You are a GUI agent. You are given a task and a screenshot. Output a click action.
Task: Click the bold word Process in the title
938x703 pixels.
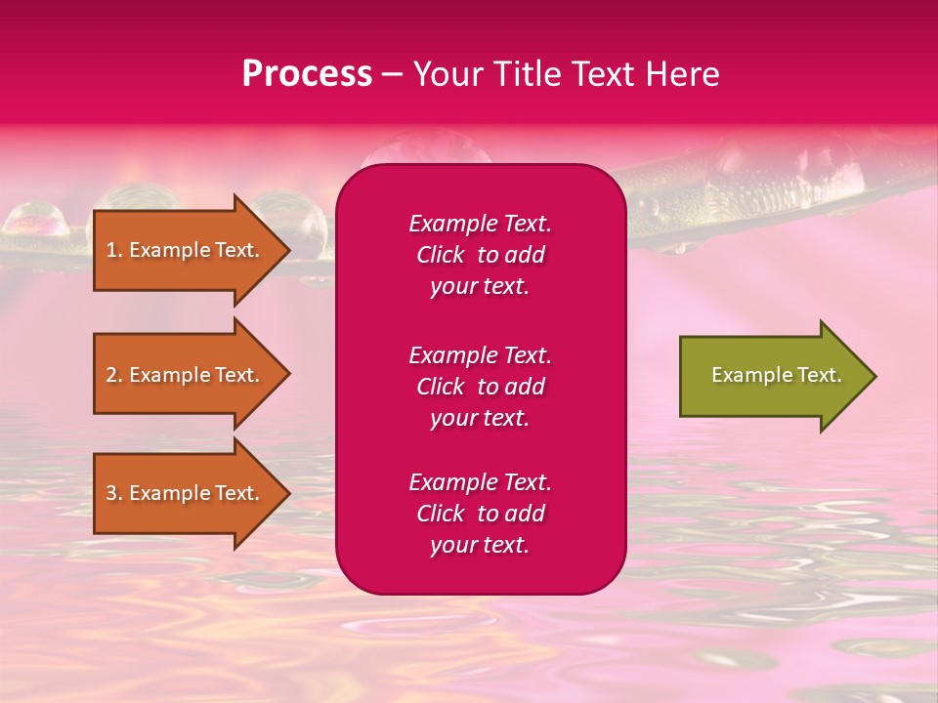[x=307, y=74]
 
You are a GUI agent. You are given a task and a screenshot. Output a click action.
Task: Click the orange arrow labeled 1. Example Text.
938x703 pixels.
[x=186, y=250]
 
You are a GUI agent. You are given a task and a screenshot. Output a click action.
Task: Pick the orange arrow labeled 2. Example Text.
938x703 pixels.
[x=186, y=375]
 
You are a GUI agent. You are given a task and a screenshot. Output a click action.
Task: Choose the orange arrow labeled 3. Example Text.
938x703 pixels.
[x=186, y=493]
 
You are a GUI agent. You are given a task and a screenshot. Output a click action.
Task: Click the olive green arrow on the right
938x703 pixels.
[x=772, y=376]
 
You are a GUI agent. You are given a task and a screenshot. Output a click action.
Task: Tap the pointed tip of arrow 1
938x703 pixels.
[x=287, y=250]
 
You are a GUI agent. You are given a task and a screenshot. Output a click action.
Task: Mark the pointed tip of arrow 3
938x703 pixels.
[x=287, y=493]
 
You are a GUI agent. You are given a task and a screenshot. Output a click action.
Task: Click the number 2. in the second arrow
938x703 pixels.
[x=114, y=375]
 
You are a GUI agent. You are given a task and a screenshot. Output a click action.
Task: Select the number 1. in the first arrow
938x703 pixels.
[x=114, y=250]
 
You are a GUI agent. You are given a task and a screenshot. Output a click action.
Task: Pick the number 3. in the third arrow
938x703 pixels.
[x=114, y=493]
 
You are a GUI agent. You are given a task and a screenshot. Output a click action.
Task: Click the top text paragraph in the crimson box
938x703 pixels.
[x=480, y=255]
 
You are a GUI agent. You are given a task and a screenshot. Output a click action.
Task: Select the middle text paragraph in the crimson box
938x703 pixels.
[x=480, y=387]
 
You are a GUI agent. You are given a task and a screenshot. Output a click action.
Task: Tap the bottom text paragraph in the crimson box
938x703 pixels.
[x=480, y=514]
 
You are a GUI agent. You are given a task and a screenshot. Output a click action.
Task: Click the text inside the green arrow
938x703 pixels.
[x=776, y=375]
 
